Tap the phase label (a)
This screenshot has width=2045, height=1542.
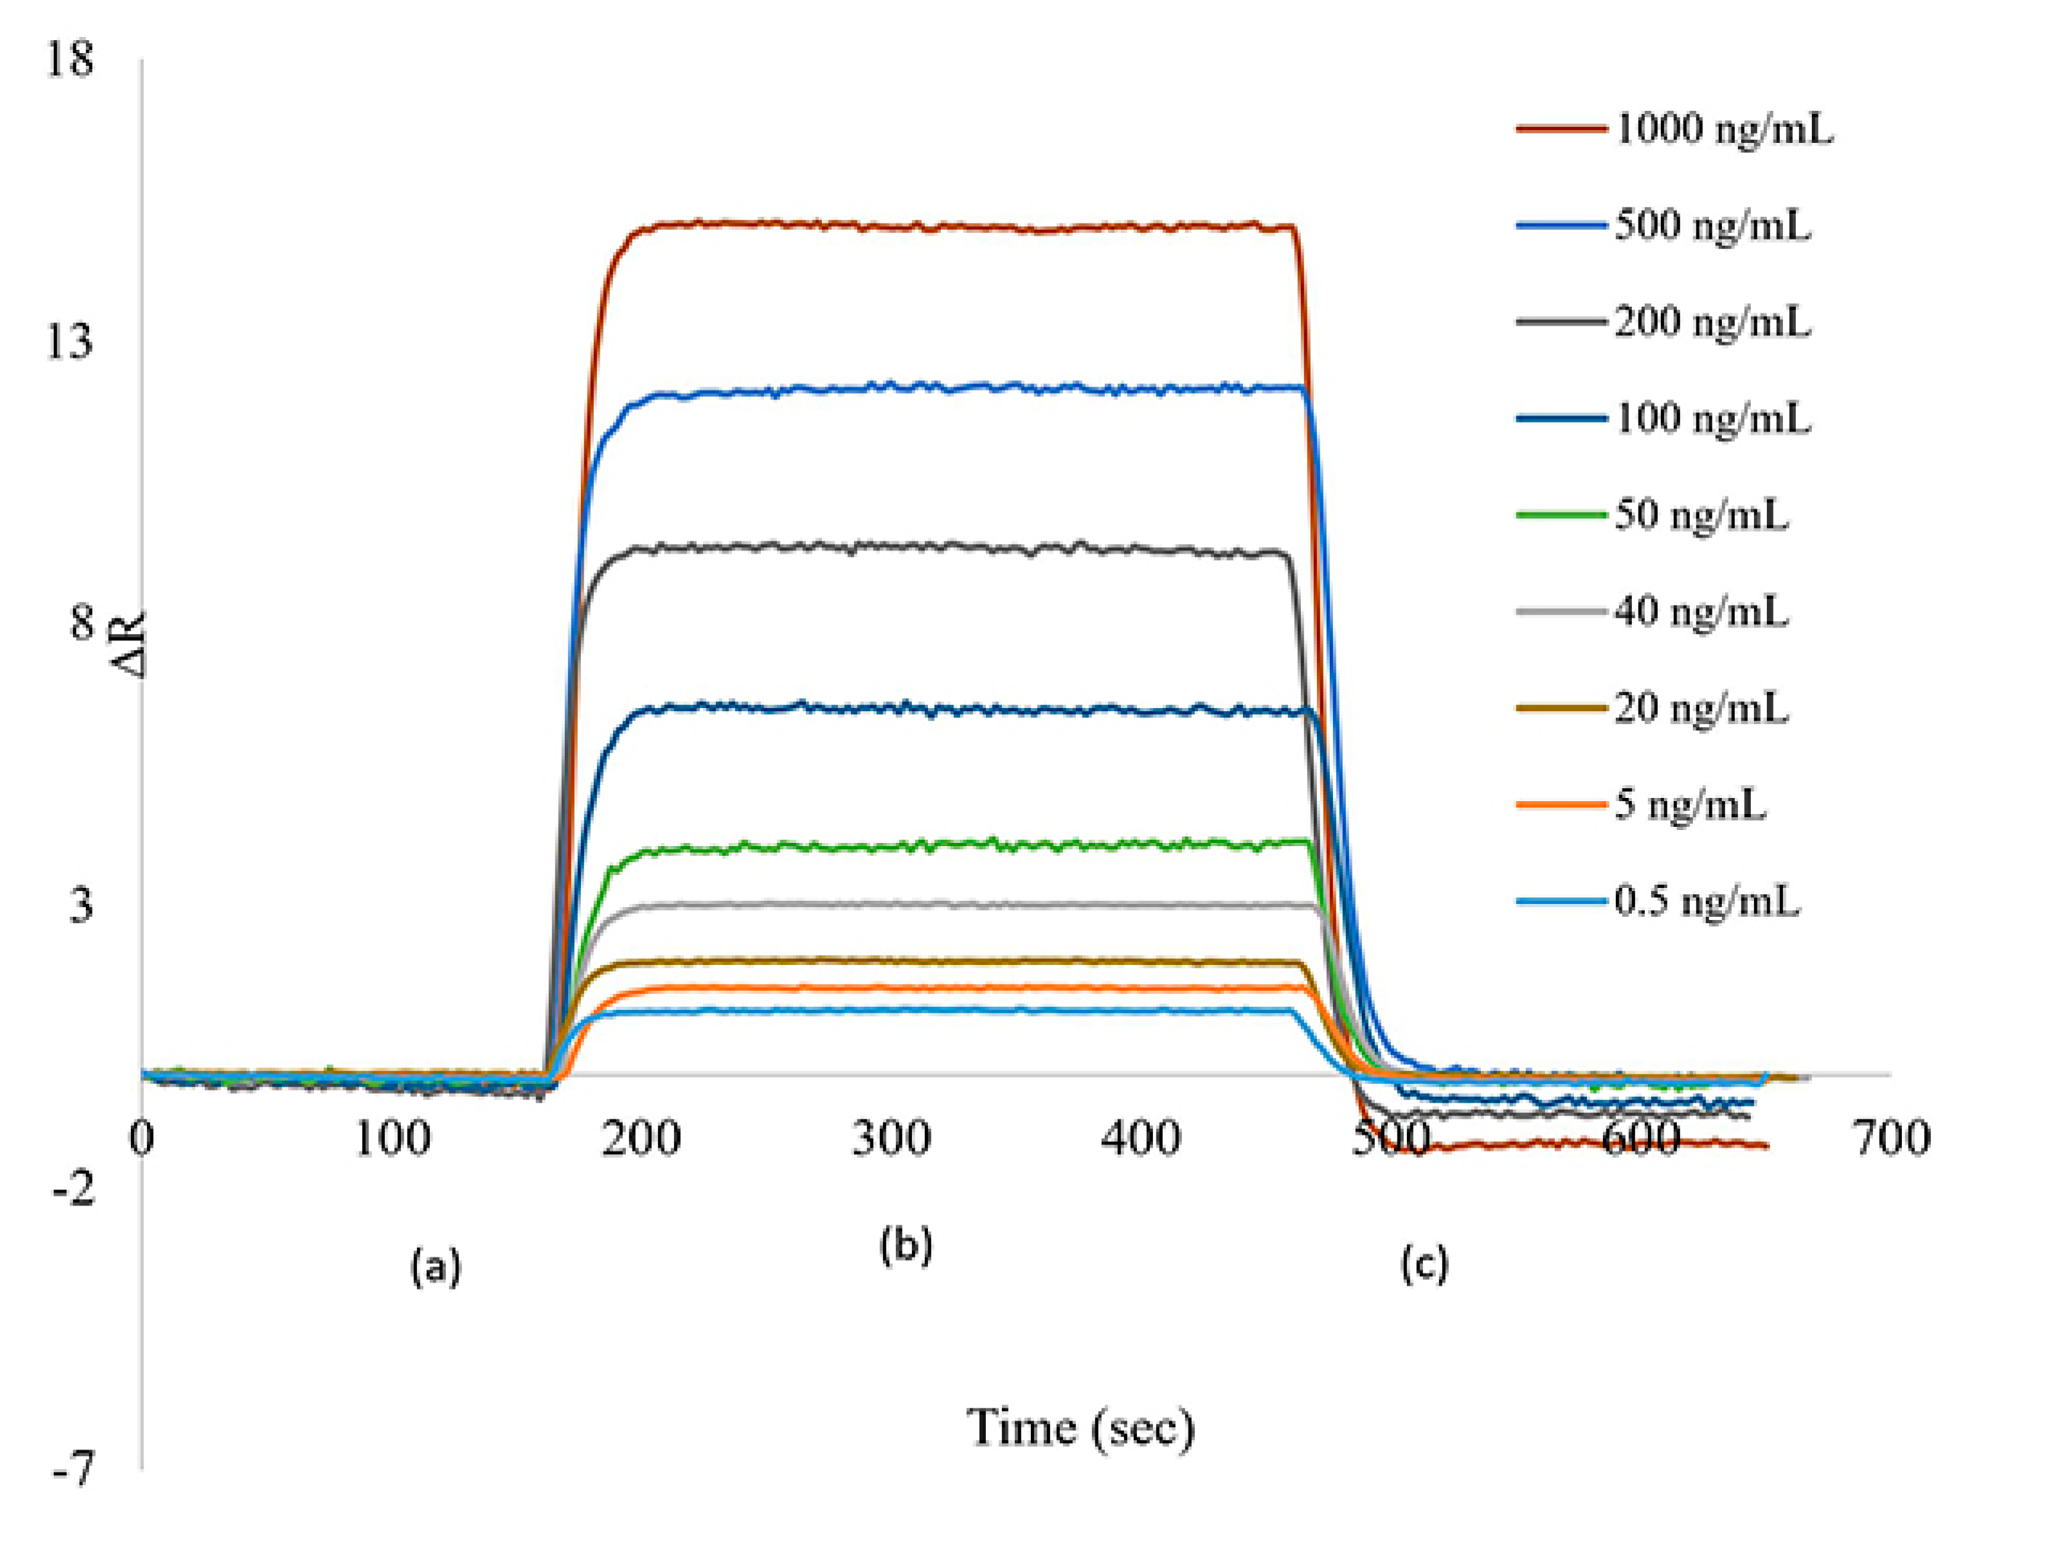point(436,1266)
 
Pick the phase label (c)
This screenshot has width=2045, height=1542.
point(1424,1264)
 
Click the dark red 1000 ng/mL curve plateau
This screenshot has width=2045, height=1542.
point(925,226)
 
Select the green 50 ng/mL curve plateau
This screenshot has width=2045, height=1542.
point(925,847)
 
